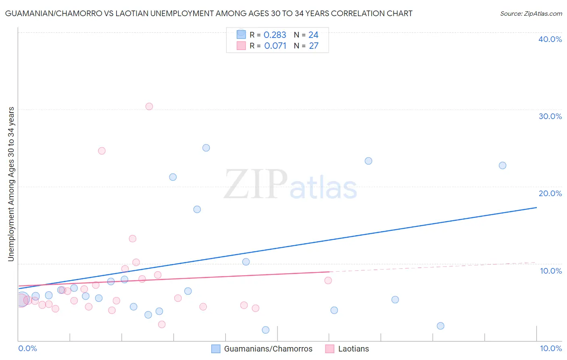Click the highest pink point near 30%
click(x=149, y=107)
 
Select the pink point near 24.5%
click(x=102, y=151)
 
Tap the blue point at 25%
click(x=206, y=148)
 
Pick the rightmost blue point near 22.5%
click(x=502, y=165)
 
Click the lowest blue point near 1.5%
click(x=266, y=330)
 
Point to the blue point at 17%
click(x=197, y=209)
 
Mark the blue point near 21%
click(x=173, y=177)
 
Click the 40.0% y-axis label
click(x=550, y=39)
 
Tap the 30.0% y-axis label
click(x=550, y=116)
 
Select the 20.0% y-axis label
click(x=550, y=193)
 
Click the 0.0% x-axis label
click(x=27, y=348)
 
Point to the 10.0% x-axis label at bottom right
click(x=550, y=348)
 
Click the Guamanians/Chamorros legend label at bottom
click(x=268, y=349)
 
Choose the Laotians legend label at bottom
click(x=353, y=349)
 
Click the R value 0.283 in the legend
click(x=275, y=35)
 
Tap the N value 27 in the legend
click(x=314, y=46)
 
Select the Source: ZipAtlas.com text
click(x=531, y=14)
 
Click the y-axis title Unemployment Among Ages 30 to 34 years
click(x=11, y=184)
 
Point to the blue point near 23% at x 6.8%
click(x=369, y=161)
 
